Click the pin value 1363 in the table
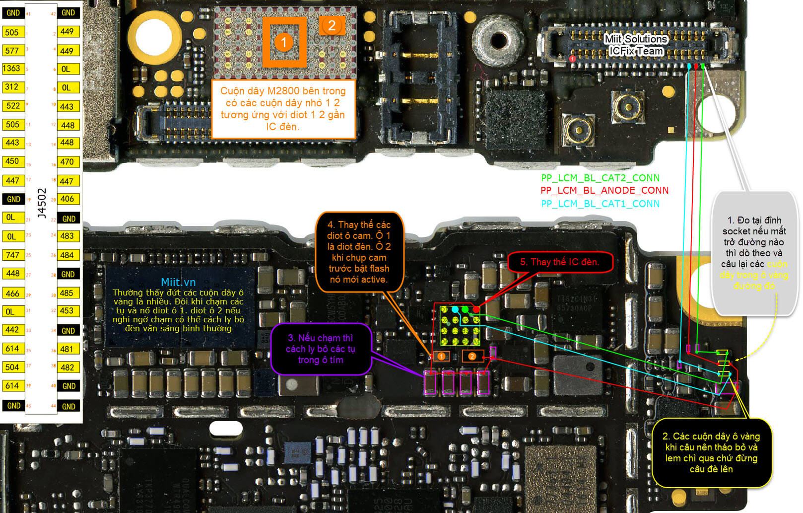11,69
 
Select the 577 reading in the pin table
11,51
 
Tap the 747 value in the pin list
12,255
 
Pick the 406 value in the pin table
67,199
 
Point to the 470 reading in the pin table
67,162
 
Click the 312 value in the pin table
11,87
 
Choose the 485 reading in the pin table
67,293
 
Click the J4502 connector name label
42,203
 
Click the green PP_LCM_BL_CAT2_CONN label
600,178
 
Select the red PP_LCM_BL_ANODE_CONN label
604,190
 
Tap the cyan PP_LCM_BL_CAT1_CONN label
600,204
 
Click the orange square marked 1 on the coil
284,42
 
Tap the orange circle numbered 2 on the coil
332,26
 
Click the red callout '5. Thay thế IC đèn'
559,262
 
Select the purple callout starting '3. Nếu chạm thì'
321,349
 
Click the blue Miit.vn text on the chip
178,282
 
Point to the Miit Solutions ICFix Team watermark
636,45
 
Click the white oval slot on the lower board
226,428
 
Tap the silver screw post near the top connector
498,40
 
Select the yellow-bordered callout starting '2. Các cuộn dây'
711,452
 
